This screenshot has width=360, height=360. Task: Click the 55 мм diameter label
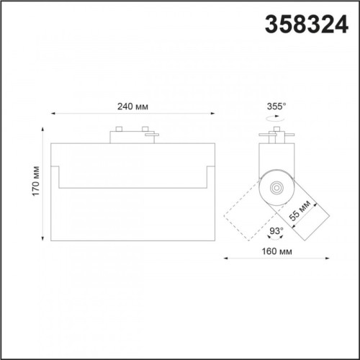tap(300, 210)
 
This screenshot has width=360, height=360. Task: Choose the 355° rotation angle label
tap(277, 106)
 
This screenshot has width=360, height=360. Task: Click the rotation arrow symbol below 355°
tap(277, 117)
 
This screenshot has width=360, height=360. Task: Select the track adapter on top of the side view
tap(276, 136)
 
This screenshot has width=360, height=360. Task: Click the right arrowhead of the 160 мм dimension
tap(327, 258)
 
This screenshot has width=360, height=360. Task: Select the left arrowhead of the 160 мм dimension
tap(224, 258)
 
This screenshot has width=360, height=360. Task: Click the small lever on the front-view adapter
tap(149, 130)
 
